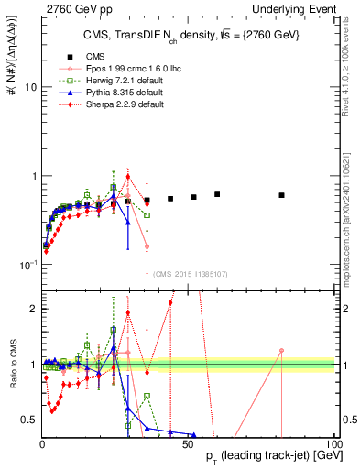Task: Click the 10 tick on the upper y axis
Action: (29, 88)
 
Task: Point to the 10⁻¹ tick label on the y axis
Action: (27, 265)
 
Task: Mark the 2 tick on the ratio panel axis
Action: (31, 309)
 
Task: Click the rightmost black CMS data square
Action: (281, 195)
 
